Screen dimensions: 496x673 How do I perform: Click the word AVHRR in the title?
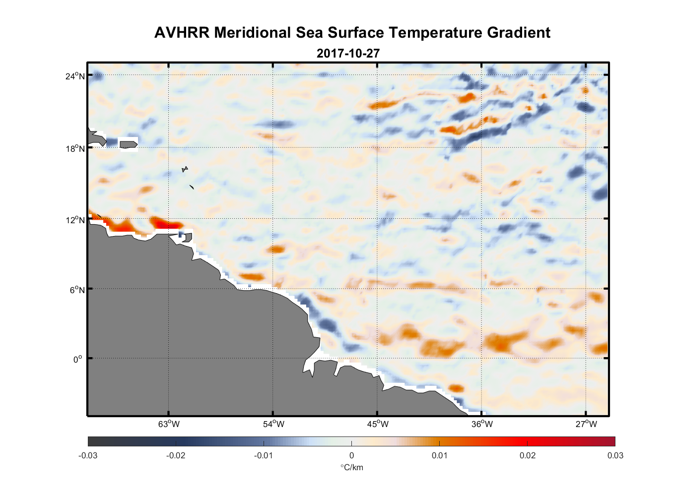[x=182, y=33]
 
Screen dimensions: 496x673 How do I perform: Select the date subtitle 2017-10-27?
[x=348, y=54]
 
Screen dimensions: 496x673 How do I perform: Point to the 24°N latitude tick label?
[x=75, y=76]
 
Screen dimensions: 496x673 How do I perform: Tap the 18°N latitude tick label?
[x=75, y=148]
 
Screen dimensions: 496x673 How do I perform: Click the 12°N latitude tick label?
[x=75, y=220]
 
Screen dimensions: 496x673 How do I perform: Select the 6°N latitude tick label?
[x=77, y=290]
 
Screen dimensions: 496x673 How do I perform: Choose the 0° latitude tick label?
[x=77, y=359]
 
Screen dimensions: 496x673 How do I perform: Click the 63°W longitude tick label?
[x=169, y=424]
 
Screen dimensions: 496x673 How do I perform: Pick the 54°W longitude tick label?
[x=273, y=424]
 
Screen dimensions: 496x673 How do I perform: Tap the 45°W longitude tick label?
[x=378, y=424]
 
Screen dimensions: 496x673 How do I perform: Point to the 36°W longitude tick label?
[x=482, y=424]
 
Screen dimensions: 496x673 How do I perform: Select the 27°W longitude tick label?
[x=586, y=424]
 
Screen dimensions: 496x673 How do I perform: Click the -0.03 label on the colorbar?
[x=88, y=455]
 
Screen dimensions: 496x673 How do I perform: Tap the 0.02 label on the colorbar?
[x=528, y=455]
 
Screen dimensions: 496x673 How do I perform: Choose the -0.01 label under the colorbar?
[x=263, y=455]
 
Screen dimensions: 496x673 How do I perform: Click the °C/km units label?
[x=351, y=467]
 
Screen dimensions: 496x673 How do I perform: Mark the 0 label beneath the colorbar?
[x=351, y=455]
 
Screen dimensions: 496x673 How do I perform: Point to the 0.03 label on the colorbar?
[x=615, y=455]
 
